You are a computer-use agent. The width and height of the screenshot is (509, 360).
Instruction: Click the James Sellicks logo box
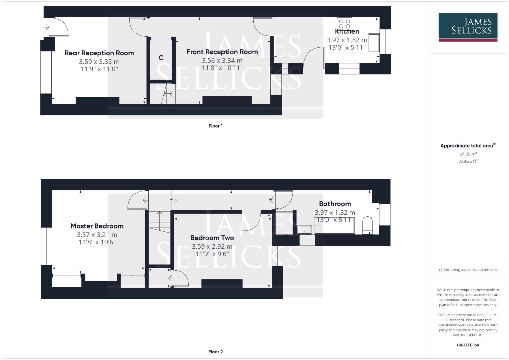(468, 27)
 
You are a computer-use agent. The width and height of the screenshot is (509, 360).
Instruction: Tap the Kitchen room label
(347, 31)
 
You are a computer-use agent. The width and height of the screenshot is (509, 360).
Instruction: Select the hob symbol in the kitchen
(344, 24)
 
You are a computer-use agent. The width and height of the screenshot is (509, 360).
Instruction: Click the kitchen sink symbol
(374, 42)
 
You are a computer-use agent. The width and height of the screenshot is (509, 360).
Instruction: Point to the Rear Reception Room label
(99, 53)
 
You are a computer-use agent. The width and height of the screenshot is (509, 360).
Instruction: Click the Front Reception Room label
(222, 52)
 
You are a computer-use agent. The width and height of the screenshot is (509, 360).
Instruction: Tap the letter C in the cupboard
(161, 58)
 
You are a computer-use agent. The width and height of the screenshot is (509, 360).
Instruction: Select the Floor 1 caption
(215, 126)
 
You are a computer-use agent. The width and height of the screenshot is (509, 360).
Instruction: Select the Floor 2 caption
(215, 352)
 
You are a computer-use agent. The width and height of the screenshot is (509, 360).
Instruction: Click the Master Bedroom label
(97, 226)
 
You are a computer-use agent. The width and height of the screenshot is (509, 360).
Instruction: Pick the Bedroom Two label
(212, 238)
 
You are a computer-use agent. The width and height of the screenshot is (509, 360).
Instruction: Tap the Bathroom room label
(335, 204)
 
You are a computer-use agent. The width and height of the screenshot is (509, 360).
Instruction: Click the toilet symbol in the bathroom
(367, 225)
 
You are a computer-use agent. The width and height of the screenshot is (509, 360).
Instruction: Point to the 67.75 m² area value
(468, 154)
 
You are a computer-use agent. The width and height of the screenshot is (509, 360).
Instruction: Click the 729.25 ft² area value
(468, 161)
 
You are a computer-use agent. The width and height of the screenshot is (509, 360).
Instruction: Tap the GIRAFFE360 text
(468, 345)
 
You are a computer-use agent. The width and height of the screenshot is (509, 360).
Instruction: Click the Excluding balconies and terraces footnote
(468, 270)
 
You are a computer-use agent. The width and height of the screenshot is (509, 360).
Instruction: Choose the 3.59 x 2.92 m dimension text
(212, 247)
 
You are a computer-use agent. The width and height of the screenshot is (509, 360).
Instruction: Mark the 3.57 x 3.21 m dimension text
(97, 235)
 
